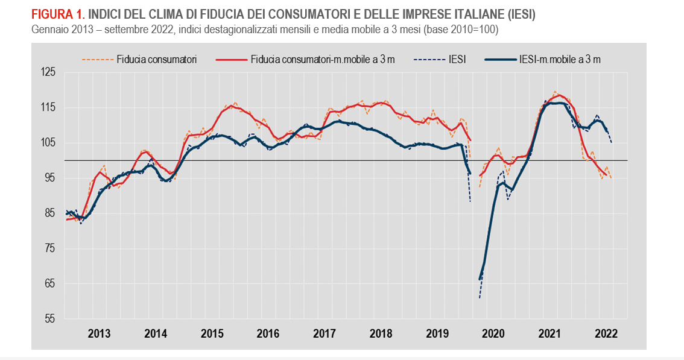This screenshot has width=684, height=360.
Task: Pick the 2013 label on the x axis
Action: pyautogui.click(x=99, y=333)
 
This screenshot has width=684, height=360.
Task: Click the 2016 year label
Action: pyautogui.click(x=267, y=333)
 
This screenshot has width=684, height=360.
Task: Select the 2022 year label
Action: pyautogui.click(x=605, y=333)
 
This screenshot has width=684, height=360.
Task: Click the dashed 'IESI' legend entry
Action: pyautogui.click(x=457, y=59)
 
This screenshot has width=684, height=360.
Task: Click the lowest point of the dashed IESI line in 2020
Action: pyautogui.click(x=480, y=298)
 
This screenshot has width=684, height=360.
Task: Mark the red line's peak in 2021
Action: pyautogui.click(x=559, y=95)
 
